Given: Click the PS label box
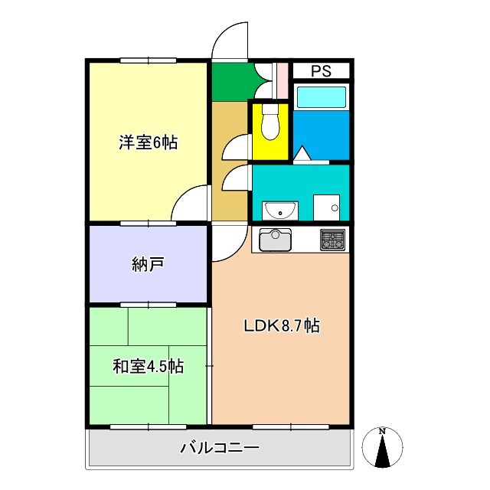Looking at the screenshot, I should (x=321, y=71).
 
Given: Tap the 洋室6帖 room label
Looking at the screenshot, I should (x=148, y=142).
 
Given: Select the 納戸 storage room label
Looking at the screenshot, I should (x=148, y=265).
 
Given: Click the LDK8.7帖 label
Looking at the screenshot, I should (x=281, y=325).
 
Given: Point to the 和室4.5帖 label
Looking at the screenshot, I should (x=148, y=366).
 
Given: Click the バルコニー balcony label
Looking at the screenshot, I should (x=220, y=448).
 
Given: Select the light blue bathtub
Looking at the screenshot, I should (x=322, y=97).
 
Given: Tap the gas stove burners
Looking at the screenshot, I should (x=332, y=240).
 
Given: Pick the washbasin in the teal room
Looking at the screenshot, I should (x=280, y=208).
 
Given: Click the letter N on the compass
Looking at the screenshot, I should (x=382, y=430).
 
